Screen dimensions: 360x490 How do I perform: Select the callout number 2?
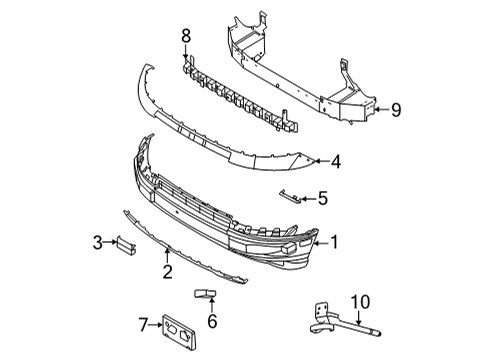click(167, 269)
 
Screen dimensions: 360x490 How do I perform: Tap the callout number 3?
click(98, 241)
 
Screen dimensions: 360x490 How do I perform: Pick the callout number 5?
click(322, 198)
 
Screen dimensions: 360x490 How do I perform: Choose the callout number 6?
click(212, 321)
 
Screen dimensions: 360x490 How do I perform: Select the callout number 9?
click(396, 110)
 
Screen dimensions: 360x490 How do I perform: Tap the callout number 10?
click(359, 300)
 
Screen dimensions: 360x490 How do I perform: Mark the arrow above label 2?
click(167, 254)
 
